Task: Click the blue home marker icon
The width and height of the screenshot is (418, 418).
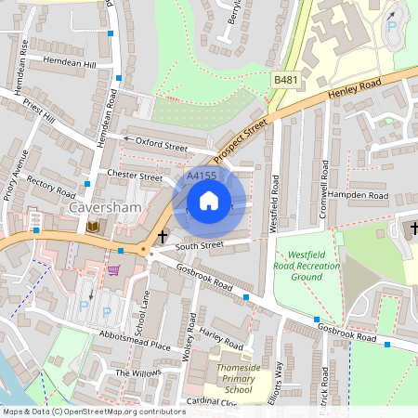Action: pos(209,200)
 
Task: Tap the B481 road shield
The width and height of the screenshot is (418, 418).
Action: pos(285,82)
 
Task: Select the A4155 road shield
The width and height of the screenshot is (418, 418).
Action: pos(201,176)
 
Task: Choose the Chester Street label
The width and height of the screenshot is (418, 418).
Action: pos(136,176)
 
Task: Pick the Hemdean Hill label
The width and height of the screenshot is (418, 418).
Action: pos(71,62)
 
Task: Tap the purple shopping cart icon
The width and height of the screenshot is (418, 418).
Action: pos(113,270)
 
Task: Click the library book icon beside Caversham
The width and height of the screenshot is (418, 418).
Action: pos(92,227)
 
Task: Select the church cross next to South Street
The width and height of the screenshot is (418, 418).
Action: pos(163,237)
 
